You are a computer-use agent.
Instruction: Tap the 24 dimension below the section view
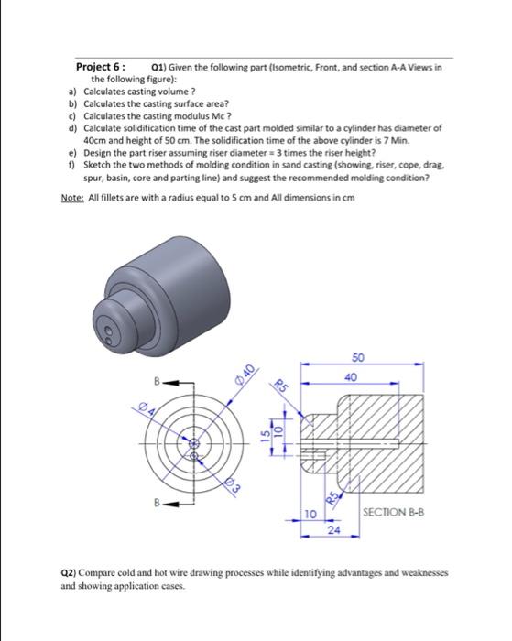coord(334,528)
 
